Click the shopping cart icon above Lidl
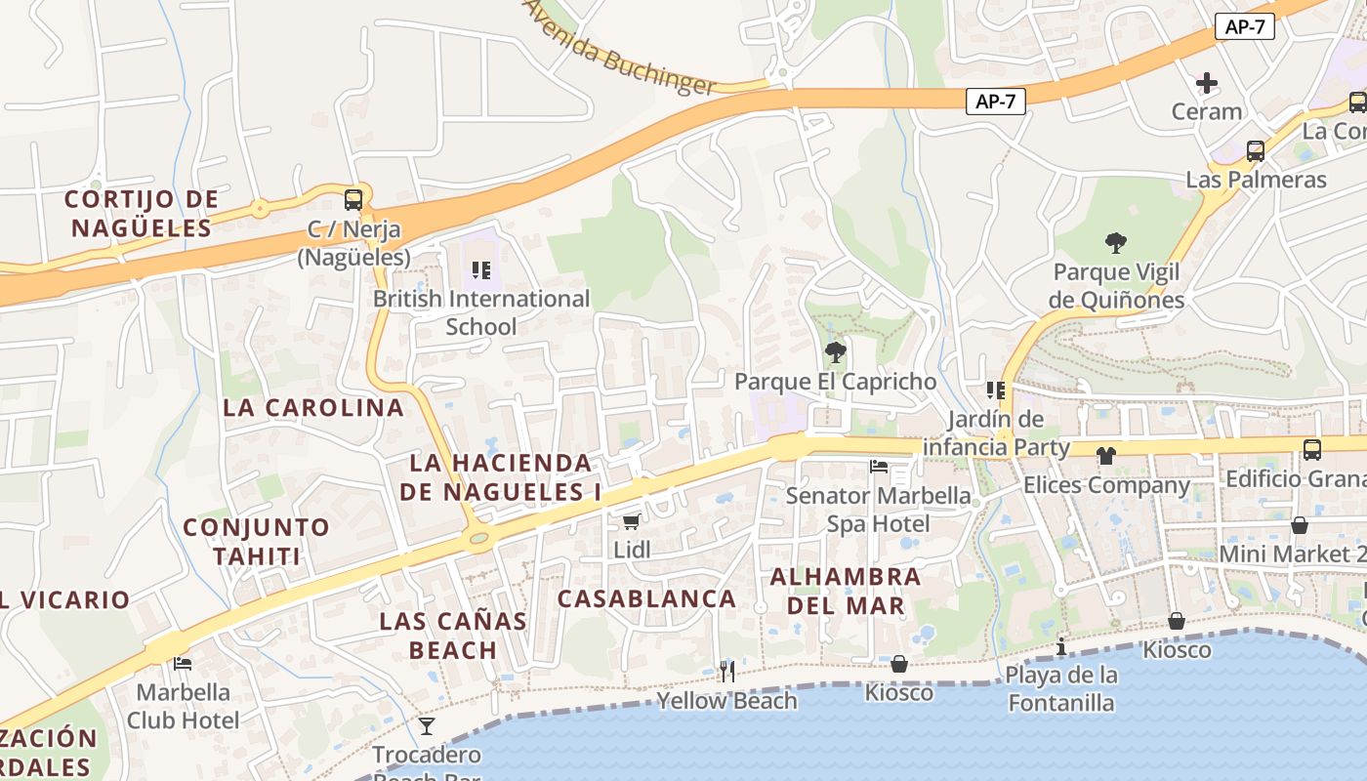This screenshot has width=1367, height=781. (632, 521)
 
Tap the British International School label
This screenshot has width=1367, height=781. (481, 312)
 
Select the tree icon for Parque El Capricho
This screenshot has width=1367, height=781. (835, 352)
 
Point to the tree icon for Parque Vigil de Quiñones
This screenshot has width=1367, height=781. (1116, 243)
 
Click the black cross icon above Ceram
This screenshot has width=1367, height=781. (1207, 83)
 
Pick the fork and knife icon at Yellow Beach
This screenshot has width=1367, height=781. (726, 671)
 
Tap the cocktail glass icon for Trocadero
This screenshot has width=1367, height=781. (427, 725)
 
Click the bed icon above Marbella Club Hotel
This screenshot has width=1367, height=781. (183, 664)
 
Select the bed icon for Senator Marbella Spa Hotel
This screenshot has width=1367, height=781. (879, 467)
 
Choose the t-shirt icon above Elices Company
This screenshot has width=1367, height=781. (1105, 455)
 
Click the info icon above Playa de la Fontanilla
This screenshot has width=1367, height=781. (1061, 646)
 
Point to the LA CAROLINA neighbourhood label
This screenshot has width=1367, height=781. (313, 408)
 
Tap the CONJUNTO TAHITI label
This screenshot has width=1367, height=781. (257, 542)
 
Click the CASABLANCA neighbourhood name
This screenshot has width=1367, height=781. (646, 598)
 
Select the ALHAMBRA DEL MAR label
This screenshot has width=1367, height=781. (846, 591)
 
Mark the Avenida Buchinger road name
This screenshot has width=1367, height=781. (621, 49)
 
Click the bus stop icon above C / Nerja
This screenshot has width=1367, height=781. (353, 200)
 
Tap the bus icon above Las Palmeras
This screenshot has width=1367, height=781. (1256, 151)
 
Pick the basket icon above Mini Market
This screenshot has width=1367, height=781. (1300, 525)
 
